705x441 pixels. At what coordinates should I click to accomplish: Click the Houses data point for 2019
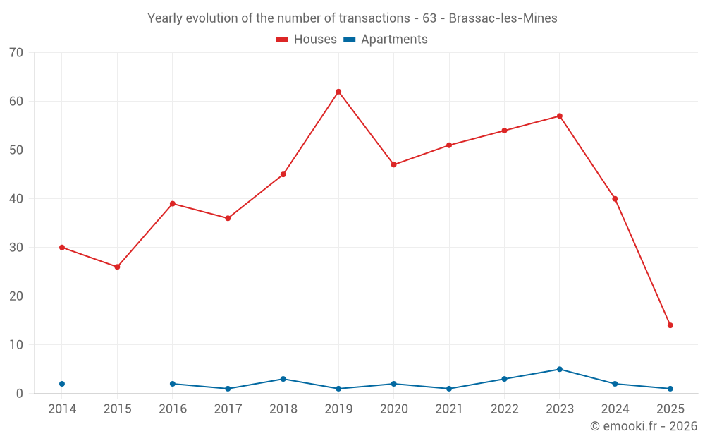click(x=338, y=92)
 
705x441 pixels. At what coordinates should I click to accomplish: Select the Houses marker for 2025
click(x=670, y=325)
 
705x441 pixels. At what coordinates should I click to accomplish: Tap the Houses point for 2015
click(x=117, y=267)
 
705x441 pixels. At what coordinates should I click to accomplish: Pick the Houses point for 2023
click(x=560, y=116)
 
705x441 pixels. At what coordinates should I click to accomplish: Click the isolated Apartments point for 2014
click(x=62, y=384)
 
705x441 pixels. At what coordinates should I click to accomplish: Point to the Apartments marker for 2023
click(x=560, y=369)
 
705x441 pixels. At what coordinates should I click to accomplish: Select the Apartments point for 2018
click(x=283, y=379)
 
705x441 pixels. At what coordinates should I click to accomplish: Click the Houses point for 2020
click(x=393, y=164)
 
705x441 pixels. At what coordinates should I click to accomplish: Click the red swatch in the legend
click(x=283, y=40)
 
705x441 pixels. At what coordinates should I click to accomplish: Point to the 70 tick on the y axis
click(x=16, y=53)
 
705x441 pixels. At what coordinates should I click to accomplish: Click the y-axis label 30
click(x=16, y=248)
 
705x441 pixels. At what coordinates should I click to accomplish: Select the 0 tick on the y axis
click(x=20, y=394)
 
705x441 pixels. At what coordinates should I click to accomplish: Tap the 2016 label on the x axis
click(x=173, y=409)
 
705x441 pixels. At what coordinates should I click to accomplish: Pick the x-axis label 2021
click(x=449, y=409)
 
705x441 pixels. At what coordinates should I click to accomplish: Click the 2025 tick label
click(x=670, y=409)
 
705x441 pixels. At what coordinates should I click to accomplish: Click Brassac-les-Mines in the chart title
click(x=503, y=18)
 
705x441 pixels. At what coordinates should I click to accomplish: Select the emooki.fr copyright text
click(x=644, y=426)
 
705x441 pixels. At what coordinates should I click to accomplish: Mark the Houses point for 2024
click(x=615, y=199)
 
